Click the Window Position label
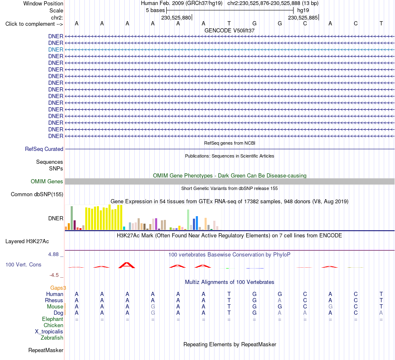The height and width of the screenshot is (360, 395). coord(43,3)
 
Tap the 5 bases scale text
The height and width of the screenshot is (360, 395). coord(155,10)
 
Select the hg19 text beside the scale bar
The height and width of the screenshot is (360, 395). coord(303,10)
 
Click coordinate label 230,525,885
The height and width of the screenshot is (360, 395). coord(303,17)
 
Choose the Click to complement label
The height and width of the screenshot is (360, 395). coord(34,24)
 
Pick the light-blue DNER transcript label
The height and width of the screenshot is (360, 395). coord(56,49)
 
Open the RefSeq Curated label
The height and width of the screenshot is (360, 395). coord(44,149)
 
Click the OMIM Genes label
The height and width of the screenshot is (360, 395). coord(47,181)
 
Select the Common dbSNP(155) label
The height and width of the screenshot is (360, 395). coord(37,194)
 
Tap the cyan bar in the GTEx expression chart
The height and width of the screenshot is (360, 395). coord(124,228)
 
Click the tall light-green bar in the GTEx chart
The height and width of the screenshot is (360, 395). coord(188,219)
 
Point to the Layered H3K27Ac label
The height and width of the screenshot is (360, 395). coord(27,242)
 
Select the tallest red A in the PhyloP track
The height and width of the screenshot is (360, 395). coord(127,265)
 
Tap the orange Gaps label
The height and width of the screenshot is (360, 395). coord(58,288)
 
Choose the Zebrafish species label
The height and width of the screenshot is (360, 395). coord(52,338)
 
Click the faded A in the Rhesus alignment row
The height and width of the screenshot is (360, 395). coord(280,300)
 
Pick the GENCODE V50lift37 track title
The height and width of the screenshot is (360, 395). coord(230,30)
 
